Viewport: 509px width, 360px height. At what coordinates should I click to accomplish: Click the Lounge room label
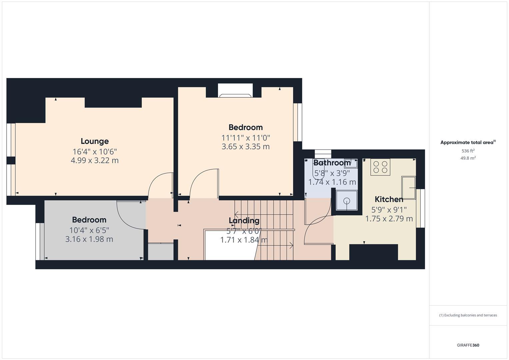(94, 141)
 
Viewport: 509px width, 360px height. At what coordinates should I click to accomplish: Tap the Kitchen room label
(389, 199)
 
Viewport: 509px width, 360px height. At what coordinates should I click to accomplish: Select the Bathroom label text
(332, 163)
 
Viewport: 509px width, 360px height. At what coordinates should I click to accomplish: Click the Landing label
(244, 220)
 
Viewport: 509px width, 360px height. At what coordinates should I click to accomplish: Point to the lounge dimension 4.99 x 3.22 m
(94, 160)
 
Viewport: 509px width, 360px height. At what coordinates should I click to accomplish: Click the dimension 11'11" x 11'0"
(245, 138)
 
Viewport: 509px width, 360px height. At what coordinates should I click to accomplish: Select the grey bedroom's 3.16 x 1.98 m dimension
(89, 239)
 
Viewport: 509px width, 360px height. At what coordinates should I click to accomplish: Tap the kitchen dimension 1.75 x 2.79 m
(389, 219)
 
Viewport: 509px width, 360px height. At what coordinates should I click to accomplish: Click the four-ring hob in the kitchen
(380, 167)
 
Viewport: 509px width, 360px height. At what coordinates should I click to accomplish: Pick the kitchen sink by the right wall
(408, 188)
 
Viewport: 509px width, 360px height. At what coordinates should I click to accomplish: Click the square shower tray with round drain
(347, 200)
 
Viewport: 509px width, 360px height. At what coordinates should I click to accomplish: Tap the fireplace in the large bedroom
(235, 91)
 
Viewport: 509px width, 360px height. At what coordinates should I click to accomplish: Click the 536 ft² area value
(468, 151)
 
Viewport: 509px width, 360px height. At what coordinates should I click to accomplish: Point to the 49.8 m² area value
(468, 158)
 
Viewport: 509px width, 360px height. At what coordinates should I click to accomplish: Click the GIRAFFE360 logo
(468, 345)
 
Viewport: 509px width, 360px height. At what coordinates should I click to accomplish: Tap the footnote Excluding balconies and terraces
(468, 315)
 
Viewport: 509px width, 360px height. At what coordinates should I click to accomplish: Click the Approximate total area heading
(468, 142)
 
